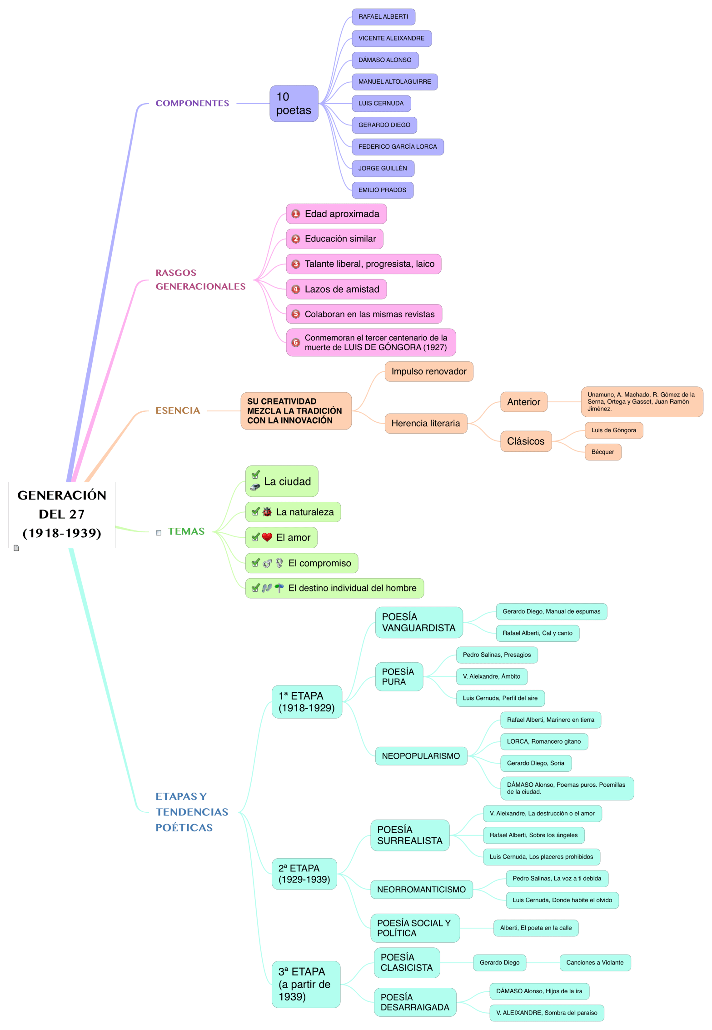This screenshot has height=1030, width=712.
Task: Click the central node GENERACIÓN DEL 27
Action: (x=62, y=514)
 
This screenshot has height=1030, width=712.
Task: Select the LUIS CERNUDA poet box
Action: (x=381, y=103)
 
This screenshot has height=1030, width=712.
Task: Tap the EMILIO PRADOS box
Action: (x=382, y=190)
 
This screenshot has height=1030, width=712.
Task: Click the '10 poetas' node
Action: (x=294, y=104)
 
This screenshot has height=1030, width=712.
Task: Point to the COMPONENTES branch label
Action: (x=192, y=103)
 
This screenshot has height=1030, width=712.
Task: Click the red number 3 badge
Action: (x=296, y=264)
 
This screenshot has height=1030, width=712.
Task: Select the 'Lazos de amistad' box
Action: (x=336, y=289)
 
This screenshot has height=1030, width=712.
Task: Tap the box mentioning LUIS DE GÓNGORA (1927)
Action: (x=371, y=342)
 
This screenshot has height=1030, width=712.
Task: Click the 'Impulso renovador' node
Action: (x=428, y=371)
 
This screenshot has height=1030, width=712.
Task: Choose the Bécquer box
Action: (x=602, y=452)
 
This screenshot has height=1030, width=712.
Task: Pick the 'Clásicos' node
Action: (x=526, y=441)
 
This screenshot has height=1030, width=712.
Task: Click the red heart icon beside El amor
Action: (x=267, y=537)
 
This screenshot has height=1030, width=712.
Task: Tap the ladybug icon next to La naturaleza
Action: (x=267, y=512)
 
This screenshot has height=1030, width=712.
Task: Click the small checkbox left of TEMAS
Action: (x=159, y=533)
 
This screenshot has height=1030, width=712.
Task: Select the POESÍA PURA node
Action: (x=398, y=676)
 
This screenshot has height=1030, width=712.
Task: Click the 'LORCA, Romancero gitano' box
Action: (x=543, y=741)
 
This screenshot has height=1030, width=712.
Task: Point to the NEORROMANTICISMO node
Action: (x=421, y=890)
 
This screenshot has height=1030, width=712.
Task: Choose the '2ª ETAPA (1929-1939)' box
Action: (x=304, y=874)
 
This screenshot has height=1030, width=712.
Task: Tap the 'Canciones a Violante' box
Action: (x=595, y=962)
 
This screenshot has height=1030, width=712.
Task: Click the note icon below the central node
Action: (x=16, y=548)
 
